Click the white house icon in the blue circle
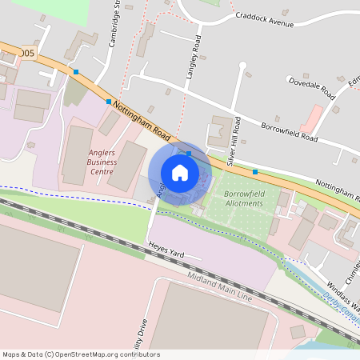(180, 172)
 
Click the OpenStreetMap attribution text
(81, 354)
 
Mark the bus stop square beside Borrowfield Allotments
(255, 172)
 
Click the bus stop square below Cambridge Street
(109, 102)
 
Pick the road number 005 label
(27, 54)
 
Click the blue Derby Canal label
(342, 308)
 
